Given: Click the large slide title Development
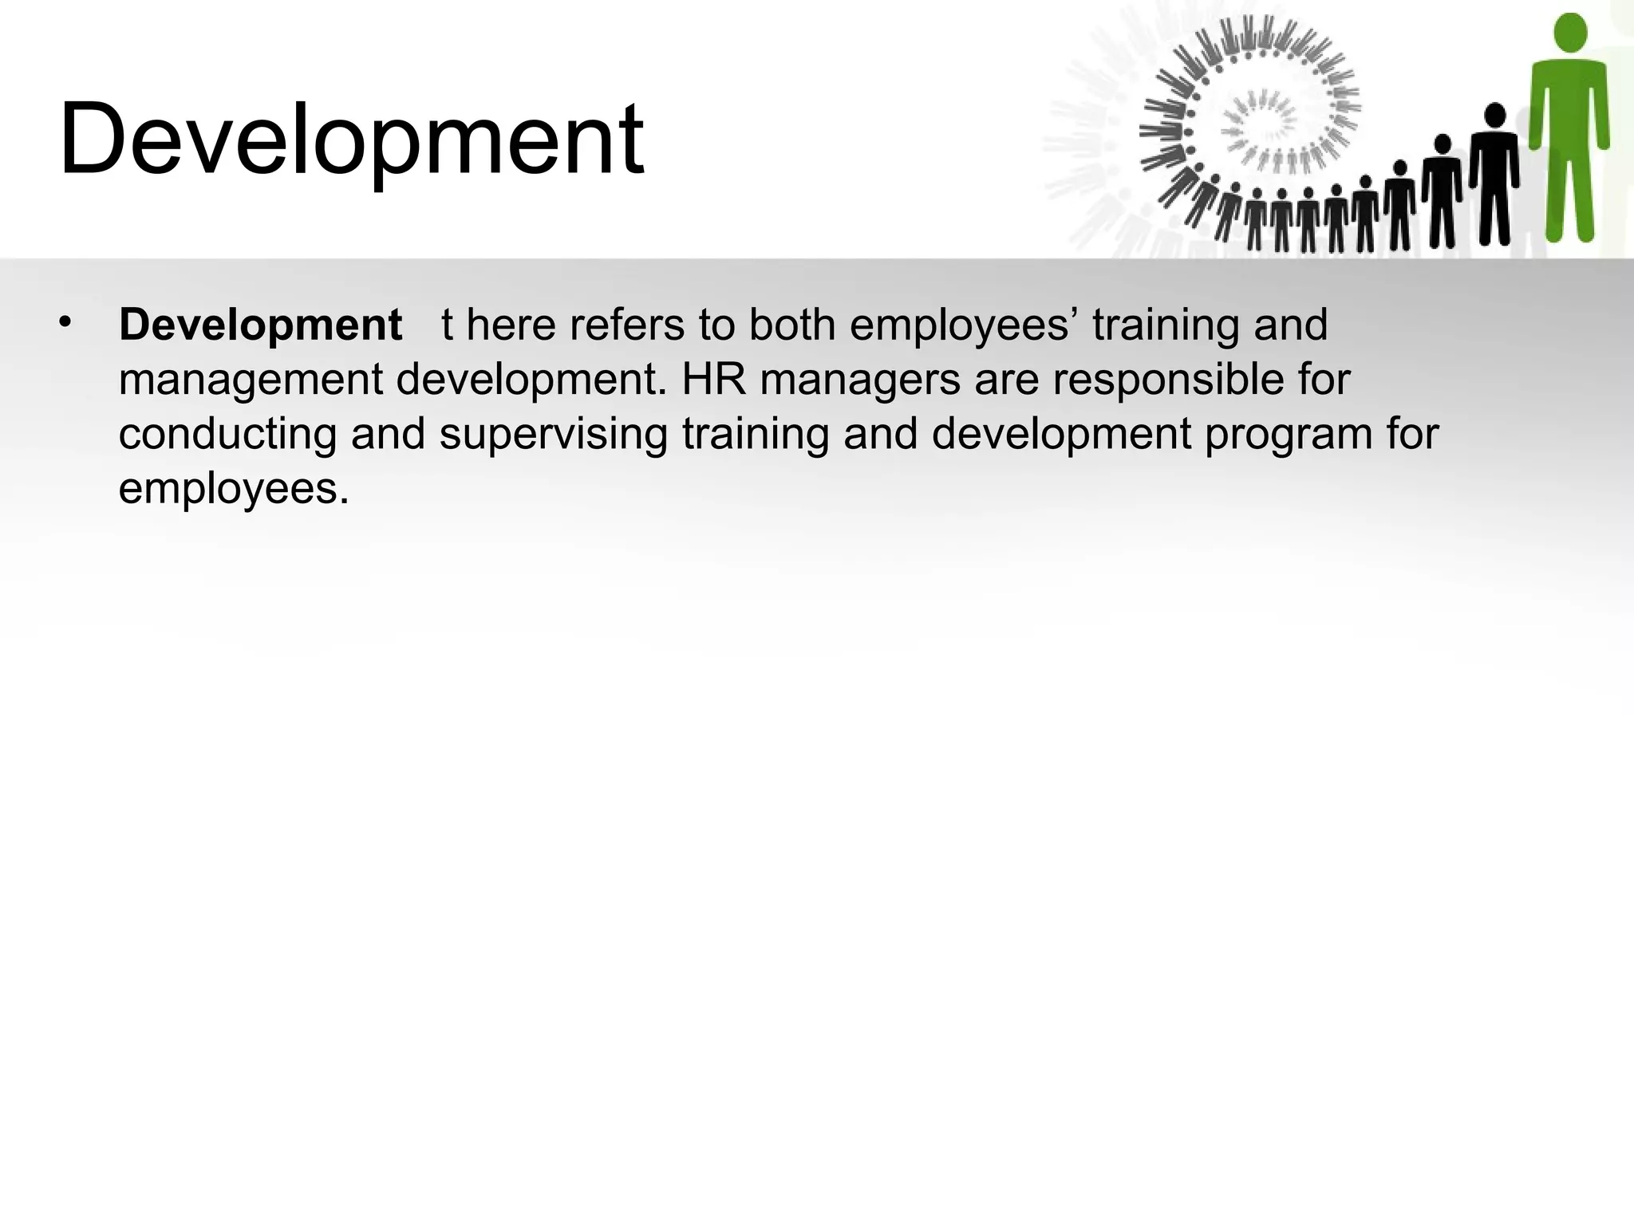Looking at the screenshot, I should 351,140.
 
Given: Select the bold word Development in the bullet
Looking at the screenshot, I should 260,325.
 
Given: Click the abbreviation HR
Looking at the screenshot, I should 713,380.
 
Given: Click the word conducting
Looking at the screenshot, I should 227,435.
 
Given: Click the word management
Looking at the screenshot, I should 251,381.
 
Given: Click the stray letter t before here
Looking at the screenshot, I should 448,325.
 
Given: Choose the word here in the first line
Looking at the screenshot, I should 511,325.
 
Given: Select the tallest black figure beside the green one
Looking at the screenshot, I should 1494,175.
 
